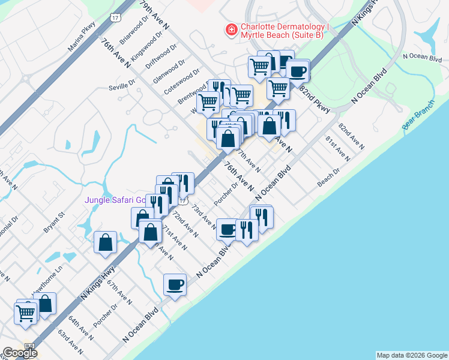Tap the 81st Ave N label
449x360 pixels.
(337, 149)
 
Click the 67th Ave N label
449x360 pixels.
(119, 291)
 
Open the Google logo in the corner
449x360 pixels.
(20, 353)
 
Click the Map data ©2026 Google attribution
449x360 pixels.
(411, 355)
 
